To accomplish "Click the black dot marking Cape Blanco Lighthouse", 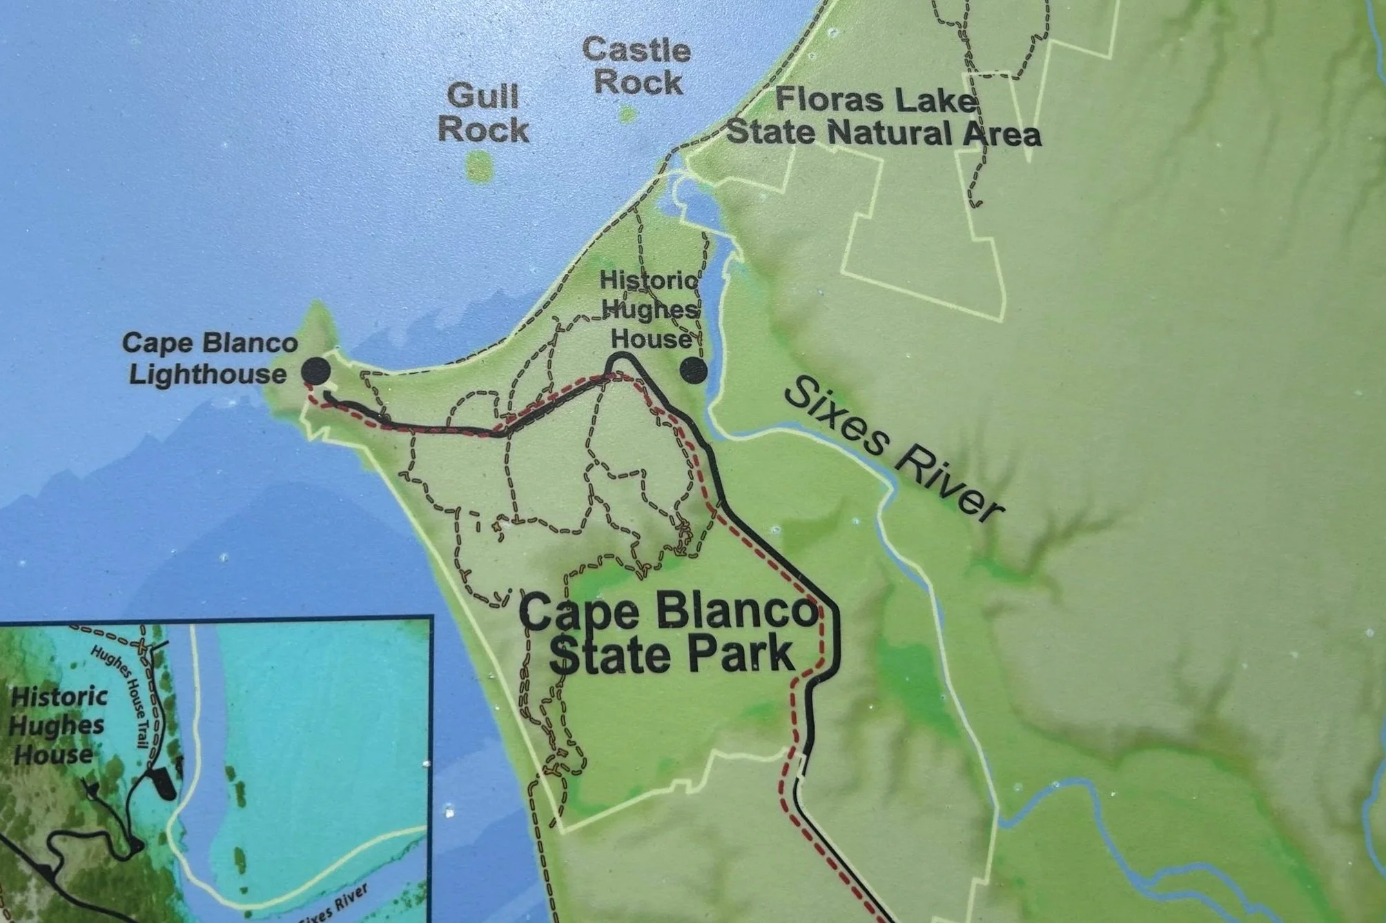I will [x=316, y=372].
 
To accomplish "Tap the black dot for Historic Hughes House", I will [x=693, y=370].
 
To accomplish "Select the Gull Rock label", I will [x=483, y=113].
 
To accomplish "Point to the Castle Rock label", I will [x=636, y=66].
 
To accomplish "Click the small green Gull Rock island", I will [x=479, y=166].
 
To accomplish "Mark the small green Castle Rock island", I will [x=627, y=115].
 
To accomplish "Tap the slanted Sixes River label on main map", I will [x=895, y=449].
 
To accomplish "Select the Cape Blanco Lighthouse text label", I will [x=209, y=359].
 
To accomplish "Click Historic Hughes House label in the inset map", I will [x=57, y=726].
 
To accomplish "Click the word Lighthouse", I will [x=208, y=375].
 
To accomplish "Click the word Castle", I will [x=636, y=50].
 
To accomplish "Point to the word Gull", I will [x=482, y=96].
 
